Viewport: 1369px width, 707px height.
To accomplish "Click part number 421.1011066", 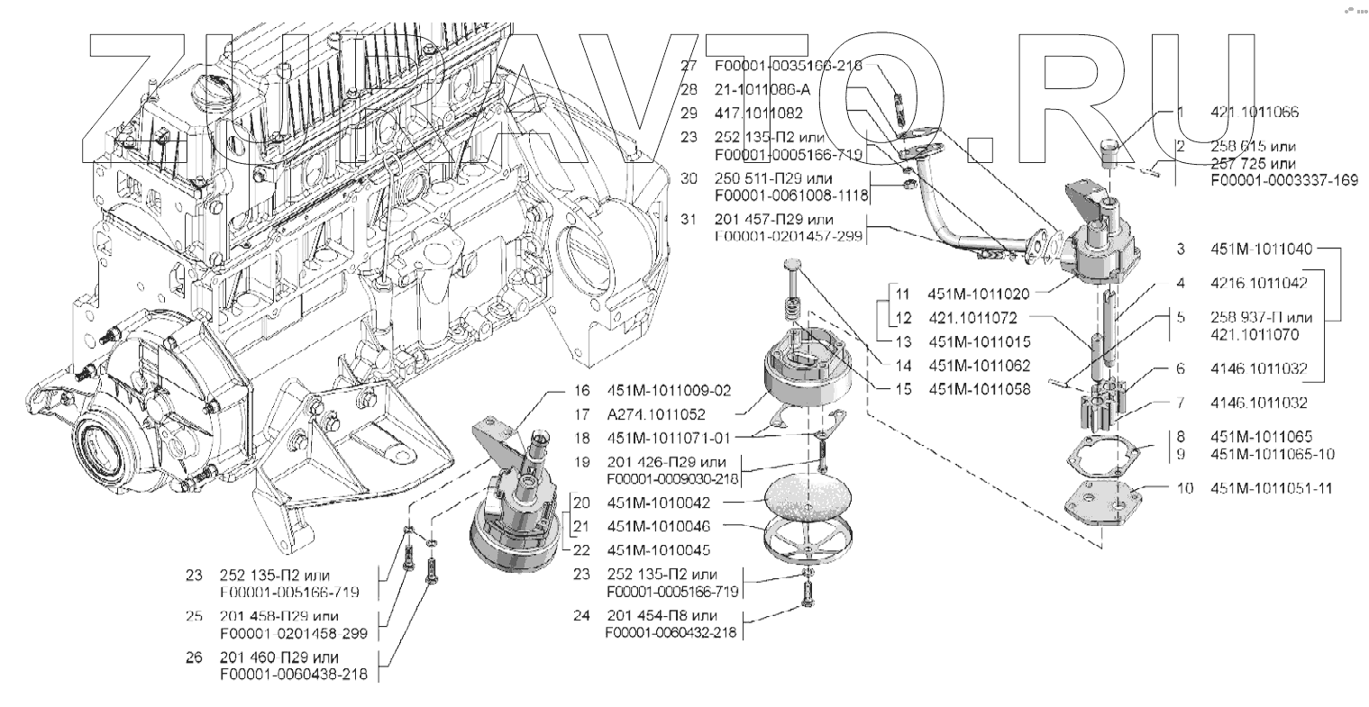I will (1249, 113).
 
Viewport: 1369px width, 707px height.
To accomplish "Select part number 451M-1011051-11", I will (1273, 488).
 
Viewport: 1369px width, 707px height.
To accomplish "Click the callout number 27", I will (689, 66).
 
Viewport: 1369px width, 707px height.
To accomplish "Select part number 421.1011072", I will (973, 318).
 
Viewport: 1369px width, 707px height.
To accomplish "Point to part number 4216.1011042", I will (1260, 282).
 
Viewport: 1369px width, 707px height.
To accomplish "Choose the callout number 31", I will (689, 220).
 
